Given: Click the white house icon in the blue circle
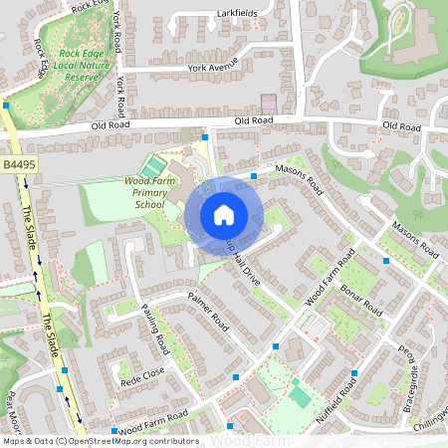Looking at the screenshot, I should pos(224,214).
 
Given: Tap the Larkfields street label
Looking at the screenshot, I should pos(236,14).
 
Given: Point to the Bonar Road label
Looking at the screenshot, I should pos(359,296).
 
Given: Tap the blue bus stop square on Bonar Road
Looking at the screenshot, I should pos(385,260).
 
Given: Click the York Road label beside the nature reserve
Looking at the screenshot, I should pos(119,93).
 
